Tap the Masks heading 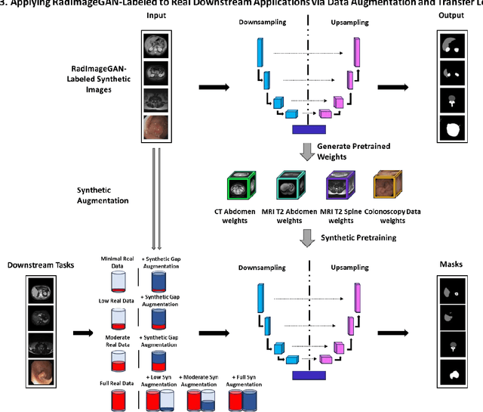pyautogui.click(x=451, y=265)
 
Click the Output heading pyautogui.click(x=451, y=16)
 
